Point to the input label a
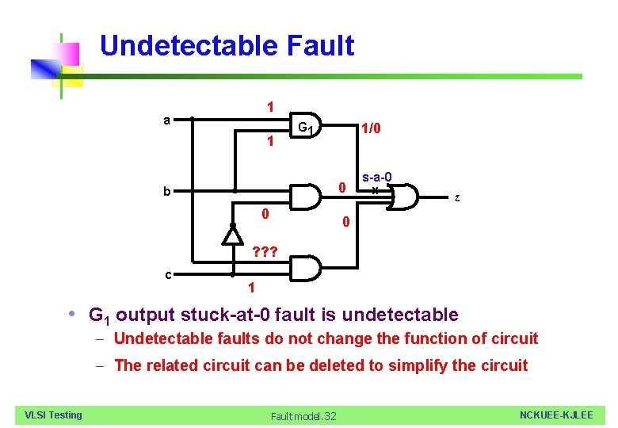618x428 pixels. point(166,120)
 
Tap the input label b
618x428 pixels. point(166,191)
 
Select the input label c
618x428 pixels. point(169,274)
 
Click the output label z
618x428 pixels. point(456,198)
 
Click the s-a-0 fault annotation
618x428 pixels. point(377,178)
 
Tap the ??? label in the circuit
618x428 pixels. point(265,253)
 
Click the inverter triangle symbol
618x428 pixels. point(233,234)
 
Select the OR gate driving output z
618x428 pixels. point(404,197)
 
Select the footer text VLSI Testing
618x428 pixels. point(53,415)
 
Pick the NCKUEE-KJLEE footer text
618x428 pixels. point(555,415)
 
